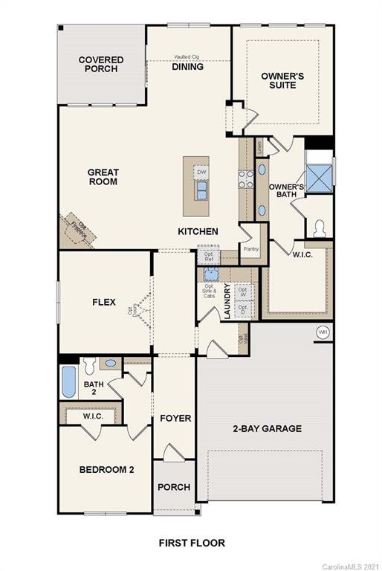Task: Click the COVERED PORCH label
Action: [x=101, y=65]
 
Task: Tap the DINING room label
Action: [x=187, y=66]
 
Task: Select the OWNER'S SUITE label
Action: [x=278, y=80]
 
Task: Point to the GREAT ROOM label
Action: [x=103, y=177]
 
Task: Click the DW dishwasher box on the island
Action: [x=201, y=172]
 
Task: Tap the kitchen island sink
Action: [x=201, y=191]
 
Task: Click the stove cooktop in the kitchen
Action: [x=245, y=178]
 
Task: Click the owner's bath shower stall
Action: [x=320, y=177]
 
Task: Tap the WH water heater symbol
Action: [x=322, y=332]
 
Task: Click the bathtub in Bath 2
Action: [x=68, y=383]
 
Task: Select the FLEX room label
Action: [x=103, y=303]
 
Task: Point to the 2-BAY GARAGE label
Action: [x=267, y=428]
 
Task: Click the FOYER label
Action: [x=175, y=419]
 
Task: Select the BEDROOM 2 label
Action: [x=106, y=469]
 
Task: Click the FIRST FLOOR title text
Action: [x=191, y=543]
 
